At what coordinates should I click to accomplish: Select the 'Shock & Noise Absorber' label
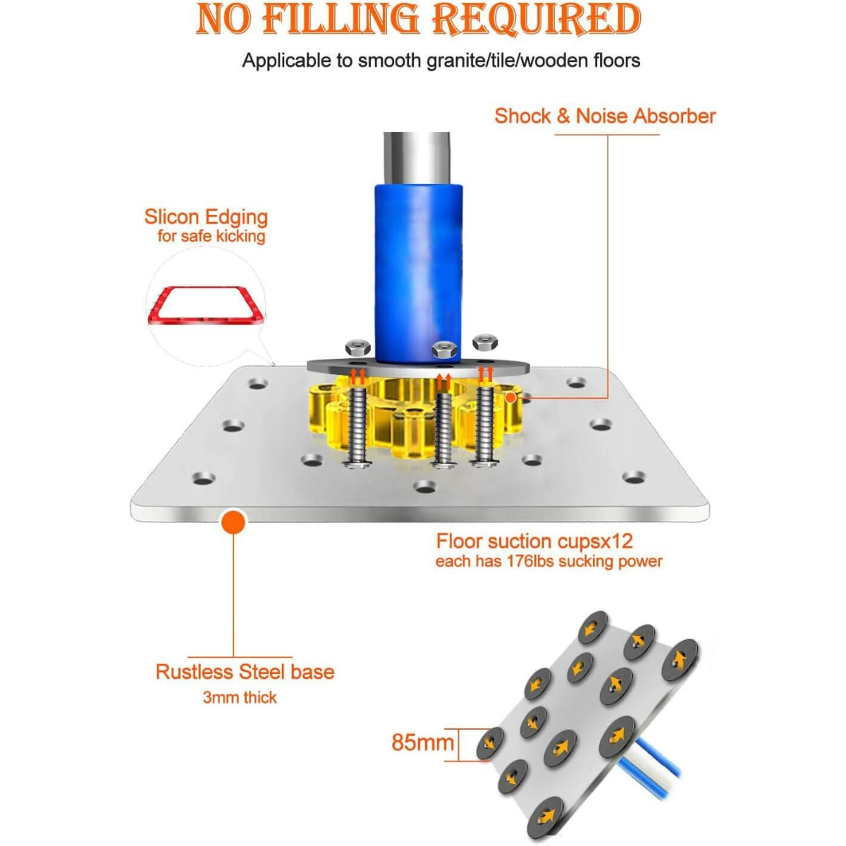[x=605, y=116]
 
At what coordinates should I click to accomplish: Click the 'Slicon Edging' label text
[x=206, y=217]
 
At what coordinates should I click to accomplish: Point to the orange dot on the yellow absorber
[x=510, y=398]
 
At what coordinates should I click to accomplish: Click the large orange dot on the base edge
[x=233, y=522]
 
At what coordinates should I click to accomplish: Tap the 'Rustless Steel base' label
[x=245, y=672]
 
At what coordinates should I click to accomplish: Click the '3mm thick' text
[x=240, y=698]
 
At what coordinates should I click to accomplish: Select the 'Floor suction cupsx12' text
[x=534, y=541]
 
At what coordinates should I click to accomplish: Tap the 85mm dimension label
[x=423, y=742]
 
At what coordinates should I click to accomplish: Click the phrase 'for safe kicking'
[x=211, y=236]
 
